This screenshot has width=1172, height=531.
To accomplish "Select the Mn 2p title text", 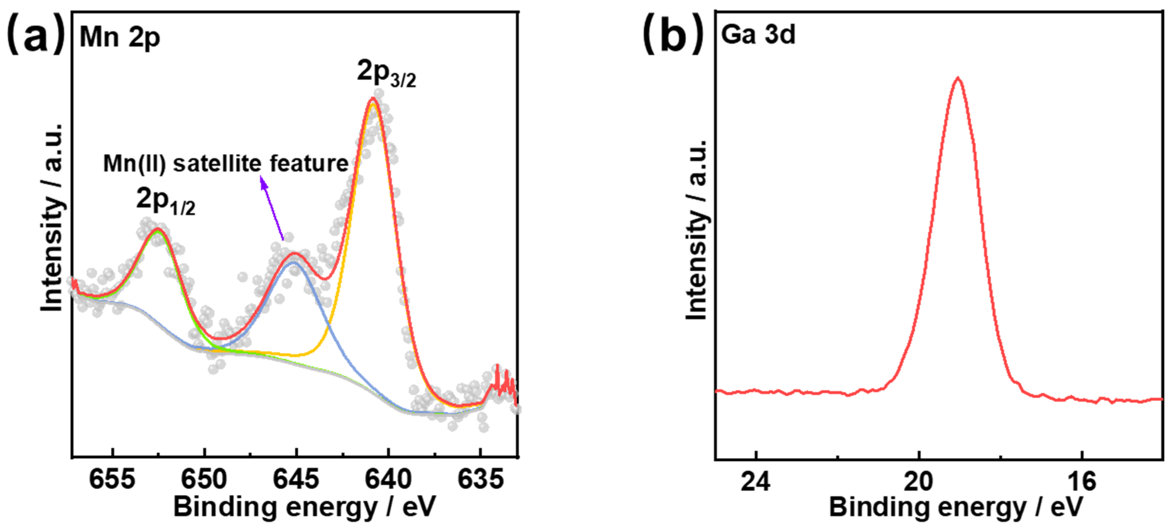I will pyautogui.click(x=120, y=37).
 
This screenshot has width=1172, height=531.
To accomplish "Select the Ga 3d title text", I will pyautogui.click(x=758, y=34).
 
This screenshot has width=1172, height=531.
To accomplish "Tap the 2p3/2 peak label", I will pyautogui.click(x=386, y=73).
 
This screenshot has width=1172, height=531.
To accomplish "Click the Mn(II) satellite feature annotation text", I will pyautogui.click(x=226, y=163).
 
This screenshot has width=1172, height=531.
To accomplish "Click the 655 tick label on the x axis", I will pyautogui.click(x=112, y=480).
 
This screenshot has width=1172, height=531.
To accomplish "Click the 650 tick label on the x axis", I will pyautogui.click(x=204, y=480).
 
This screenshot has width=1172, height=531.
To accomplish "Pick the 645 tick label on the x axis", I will pyautogui.click(x=296, y=480).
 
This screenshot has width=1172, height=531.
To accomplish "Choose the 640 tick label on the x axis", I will pyautogui.click(x=388, y=480).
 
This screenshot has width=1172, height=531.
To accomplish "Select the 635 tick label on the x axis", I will pyautogui.click(x=480, y=480).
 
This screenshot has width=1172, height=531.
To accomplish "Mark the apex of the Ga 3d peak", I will pyautogui.click(x=958, y=78).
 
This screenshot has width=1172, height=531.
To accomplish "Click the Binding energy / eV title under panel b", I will pyautogui.click(x=955, y=507).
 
